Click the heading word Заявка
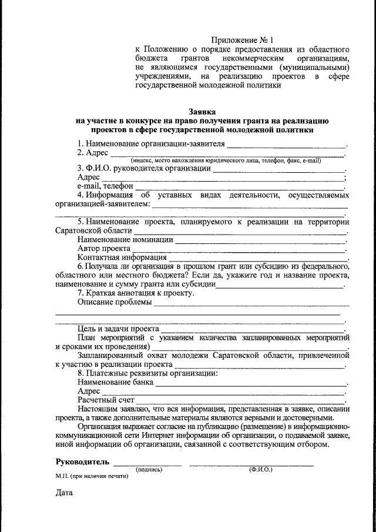point(202,111)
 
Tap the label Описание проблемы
point(115,303)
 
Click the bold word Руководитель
point(83,461)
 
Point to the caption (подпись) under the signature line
point(149,470)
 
